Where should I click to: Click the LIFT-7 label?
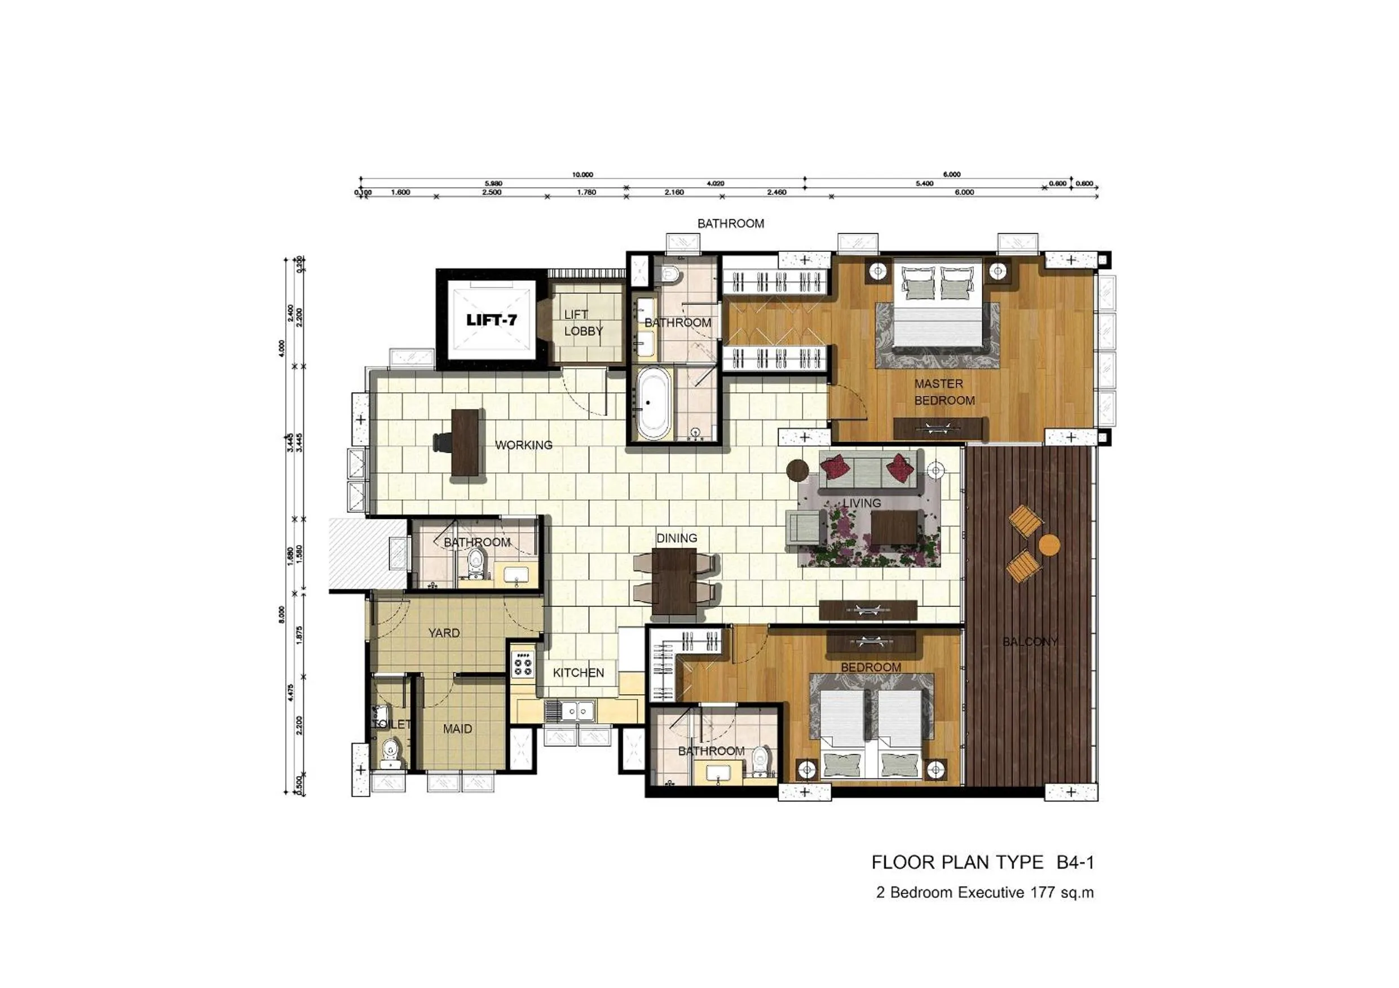point(491,320)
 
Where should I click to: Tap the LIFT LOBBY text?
point(582,323)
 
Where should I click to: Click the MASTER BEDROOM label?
point(944,392)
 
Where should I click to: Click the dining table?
point(674,581)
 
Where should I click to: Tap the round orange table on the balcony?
point(1049,544)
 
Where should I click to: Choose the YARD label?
point(444,633)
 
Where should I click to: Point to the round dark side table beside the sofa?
point(797,469)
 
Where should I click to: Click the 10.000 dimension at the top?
point(582,175)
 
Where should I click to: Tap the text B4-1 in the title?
point(1075,862)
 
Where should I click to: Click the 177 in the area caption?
point(1043,893)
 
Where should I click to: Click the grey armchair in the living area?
point(806,527)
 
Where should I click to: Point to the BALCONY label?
point(1030,641)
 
